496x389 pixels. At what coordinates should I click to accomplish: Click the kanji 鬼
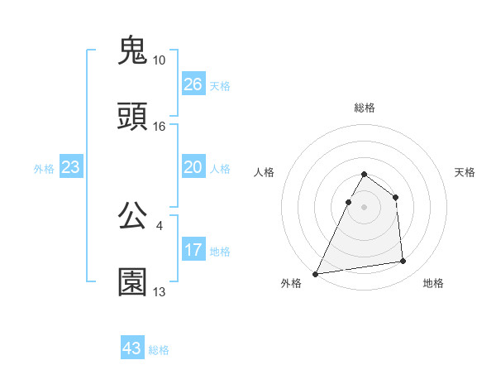click(132, 51)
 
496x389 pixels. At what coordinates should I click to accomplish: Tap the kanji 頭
click(132, 118)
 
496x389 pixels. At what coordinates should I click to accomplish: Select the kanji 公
click(132, 216)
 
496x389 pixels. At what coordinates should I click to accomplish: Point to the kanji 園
click(132, 282)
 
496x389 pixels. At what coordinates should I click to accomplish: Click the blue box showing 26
click(193, 84)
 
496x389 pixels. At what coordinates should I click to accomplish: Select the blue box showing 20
click(193, 167)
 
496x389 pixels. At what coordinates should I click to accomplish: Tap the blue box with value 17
click(193, 250)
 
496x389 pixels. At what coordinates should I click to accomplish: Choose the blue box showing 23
click(71, 167)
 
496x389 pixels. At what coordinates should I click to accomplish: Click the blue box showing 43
click(132, 348)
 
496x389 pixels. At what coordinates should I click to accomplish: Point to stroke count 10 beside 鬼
click(160, 60)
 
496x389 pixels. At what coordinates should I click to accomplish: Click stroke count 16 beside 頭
click(160, 127)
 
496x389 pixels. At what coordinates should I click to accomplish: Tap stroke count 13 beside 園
click(160, 291)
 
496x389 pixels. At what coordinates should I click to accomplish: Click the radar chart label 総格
click(365, 108)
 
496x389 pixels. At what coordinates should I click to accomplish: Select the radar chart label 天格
click(465, 172)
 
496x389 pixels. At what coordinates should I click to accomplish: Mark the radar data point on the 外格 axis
click(316, 274)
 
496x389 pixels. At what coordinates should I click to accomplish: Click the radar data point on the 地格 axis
click(403, 262)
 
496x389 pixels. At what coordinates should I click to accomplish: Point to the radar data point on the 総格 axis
click(365, 175)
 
